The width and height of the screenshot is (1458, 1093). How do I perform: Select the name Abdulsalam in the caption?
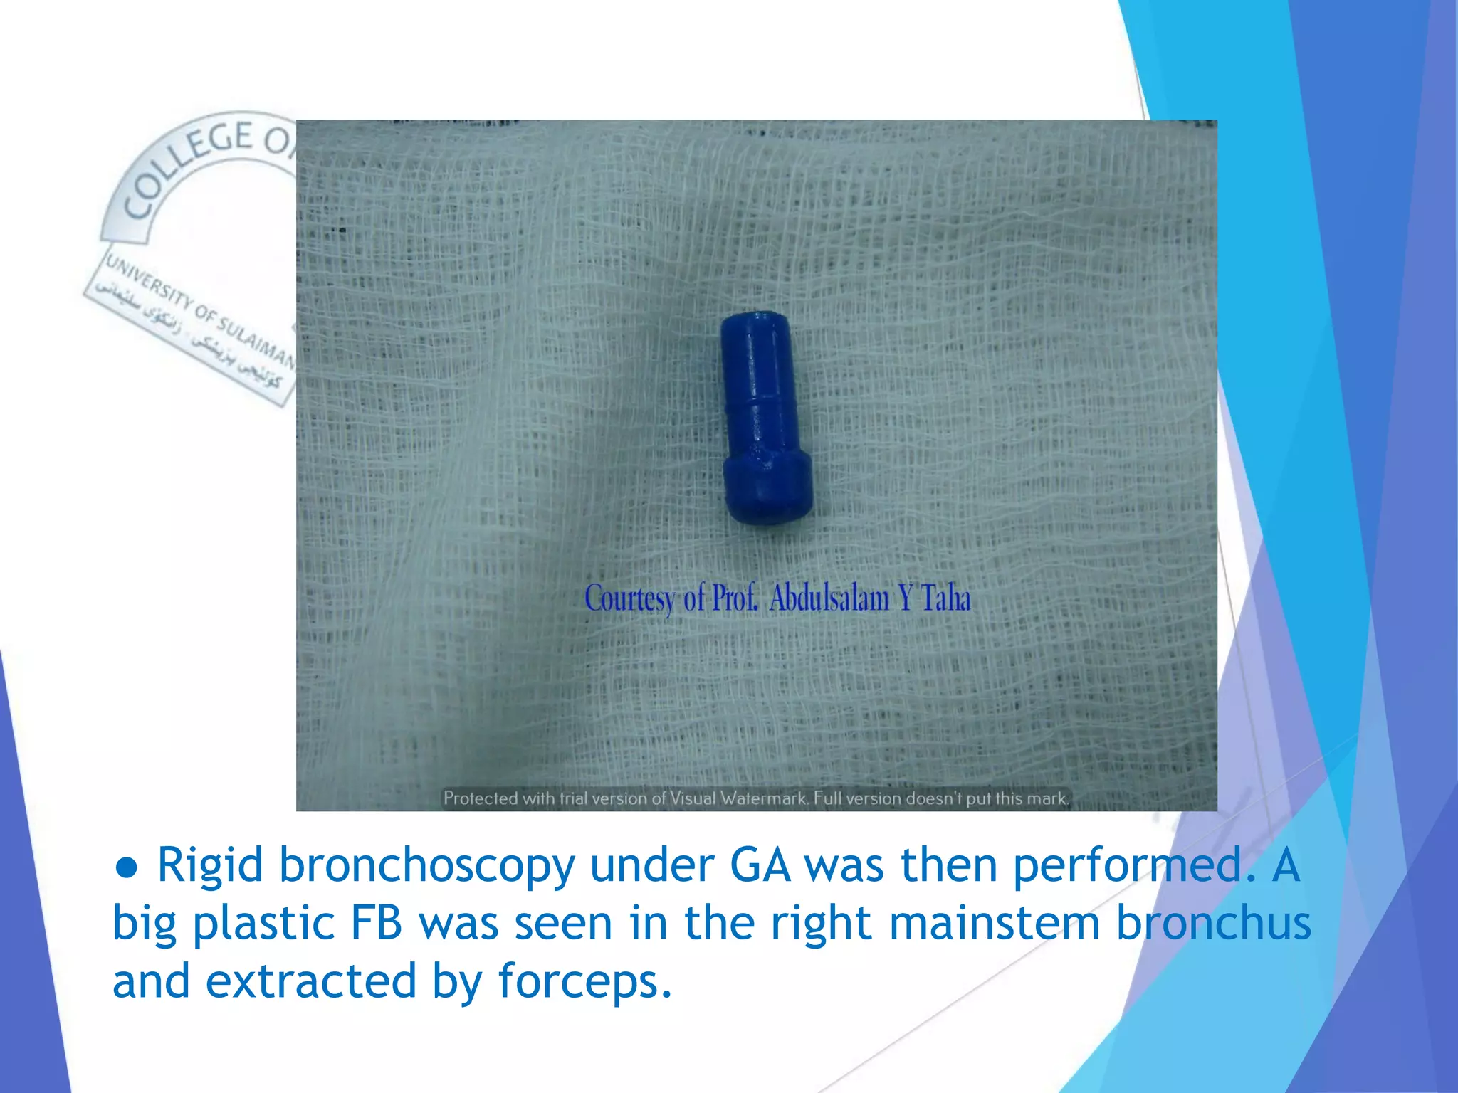pos(829,598)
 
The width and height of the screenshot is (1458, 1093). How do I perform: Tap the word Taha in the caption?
pos(946,598)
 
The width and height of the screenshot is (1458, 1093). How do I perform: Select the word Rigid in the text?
pos(210,866)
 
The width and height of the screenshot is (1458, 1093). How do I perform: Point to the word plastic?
pos(263,924)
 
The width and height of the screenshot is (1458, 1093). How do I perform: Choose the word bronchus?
pos(1213,923)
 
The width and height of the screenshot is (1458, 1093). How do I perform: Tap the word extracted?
pos(311,981)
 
